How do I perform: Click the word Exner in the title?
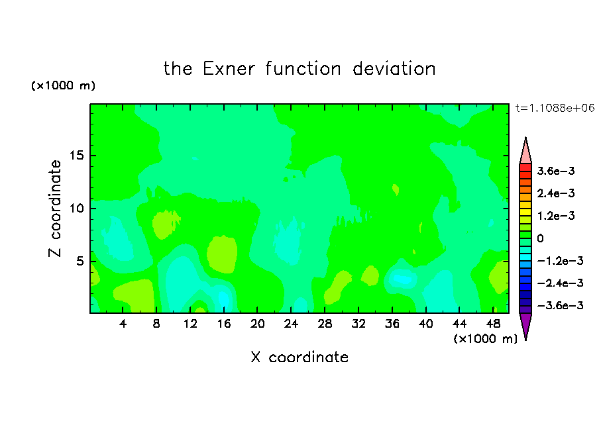229,69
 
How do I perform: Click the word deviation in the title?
394,69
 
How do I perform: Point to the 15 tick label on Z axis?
76,156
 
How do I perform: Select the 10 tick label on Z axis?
76,208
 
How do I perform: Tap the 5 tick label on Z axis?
80,261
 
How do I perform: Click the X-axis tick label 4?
123,324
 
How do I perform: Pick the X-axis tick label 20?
257,324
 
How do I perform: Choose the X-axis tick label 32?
358,324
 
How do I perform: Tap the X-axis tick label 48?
493,324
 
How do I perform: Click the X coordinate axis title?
299,358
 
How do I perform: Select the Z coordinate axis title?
54,209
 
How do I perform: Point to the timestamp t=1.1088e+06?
555,108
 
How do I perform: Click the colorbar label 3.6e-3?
556,171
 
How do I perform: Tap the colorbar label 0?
540,238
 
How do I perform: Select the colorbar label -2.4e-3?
560,283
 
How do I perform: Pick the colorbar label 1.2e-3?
556,216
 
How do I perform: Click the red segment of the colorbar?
525,168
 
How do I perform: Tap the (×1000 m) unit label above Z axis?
63,85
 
